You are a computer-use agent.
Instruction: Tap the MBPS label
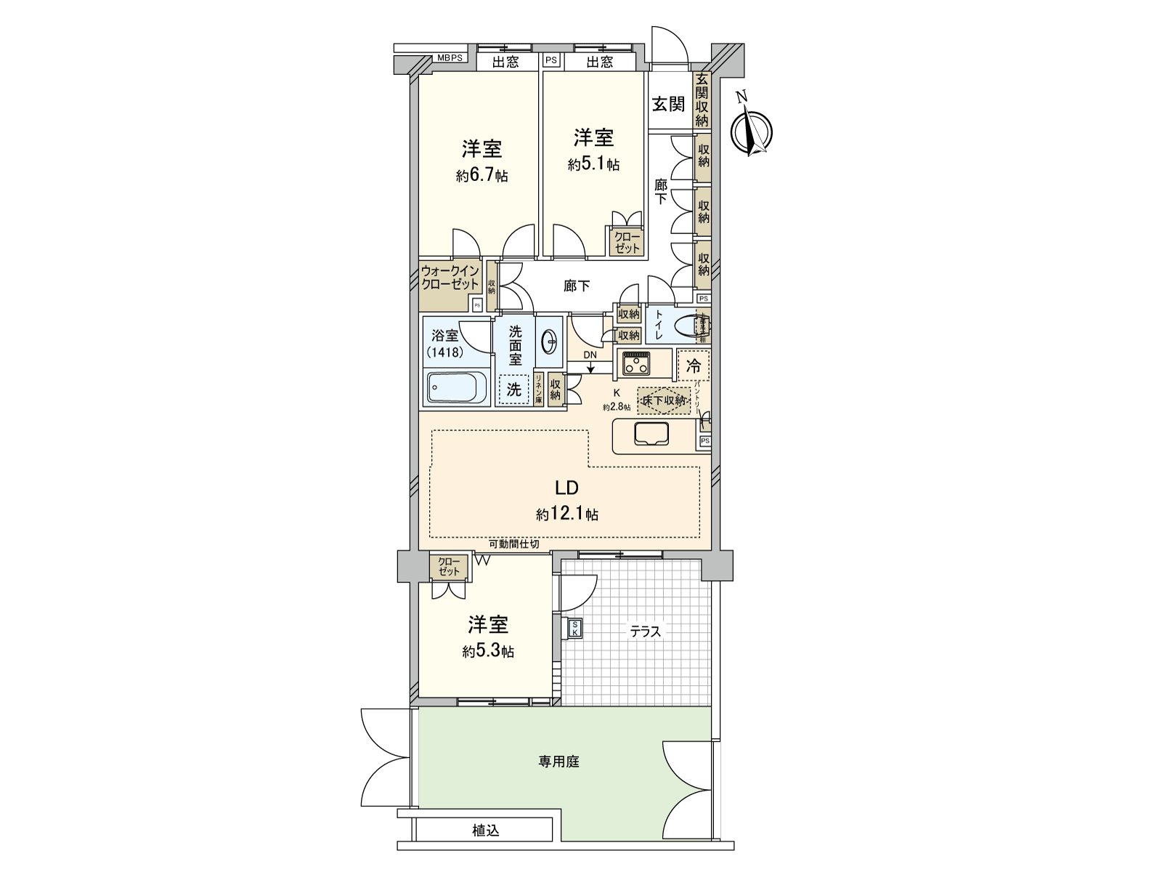[x=450, y=58]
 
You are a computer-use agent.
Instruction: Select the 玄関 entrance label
[x=667, y=104]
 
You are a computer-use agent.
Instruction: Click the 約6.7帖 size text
[x=482, y=176]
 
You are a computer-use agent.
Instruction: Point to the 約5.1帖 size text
[x=593, y=164]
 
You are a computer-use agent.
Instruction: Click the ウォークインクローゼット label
[x=450, y=278]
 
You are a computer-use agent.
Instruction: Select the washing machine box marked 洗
[x=514, y=389]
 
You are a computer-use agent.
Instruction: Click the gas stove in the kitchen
[x=637, y=362]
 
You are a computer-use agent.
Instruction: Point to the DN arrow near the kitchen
[x=590, y=363]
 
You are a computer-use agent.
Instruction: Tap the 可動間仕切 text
[x=513, y=544]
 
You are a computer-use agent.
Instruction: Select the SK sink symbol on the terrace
[x=574, y=629]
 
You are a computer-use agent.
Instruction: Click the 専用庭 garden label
[x=558, y=762]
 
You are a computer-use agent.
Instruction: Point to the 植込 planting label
[x=485, y=830]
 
